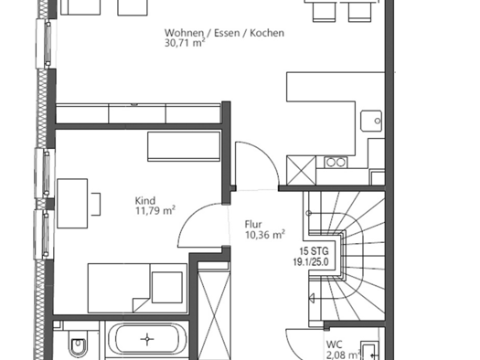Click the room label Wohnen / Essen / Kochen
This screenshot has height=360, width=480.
pos(224,33)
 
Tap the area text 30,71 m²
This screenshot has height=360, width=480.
pos(185,43)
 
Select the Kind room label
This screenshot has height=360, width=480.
pos(145,201)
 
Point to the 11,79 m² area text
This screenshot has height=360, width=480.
pos(155,211)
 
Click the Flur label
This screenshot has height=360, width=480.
pos(253,225)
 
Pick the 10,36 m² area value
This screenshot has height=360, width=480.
pos(265,235)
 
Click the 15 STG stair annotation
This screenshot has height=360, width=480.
pos(314,251)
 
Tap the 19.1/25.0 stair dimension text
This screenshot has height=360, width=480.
pos(311,262)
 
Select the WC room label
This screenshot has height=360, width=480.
pos(334,344)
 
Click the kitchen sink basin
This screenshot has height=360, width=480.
pos(371,121)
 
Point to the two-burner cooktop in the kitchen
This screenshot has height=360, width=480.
pos(336,162)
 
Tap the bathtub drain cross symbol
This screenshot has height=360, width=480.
pos(147,339)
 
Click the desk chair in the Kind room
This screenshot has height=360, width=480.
pos(96,204)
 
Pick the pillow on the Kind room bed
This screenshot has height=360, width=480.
pos(167,287)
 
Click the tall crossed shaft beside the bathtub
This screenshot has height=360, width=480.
pos(214,311)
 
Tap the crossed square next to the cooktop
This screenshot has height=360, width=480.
pos(301,170)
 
